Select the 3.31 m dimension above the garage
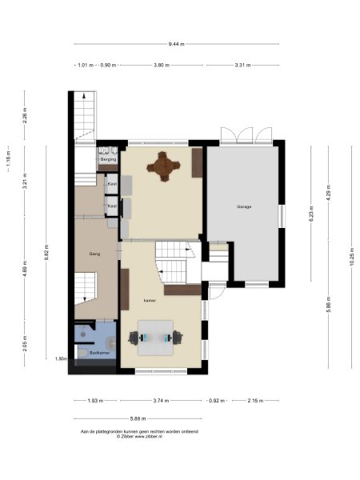click(242, 66)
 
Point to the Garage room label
click(244, 207)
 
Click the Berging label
click(108, 159)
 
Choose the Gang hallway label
click(94, 254)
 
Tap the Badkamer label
click(100, 352)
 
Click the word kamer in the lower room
click(149, 302)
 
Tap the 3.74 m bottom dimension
click(161, 400)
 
